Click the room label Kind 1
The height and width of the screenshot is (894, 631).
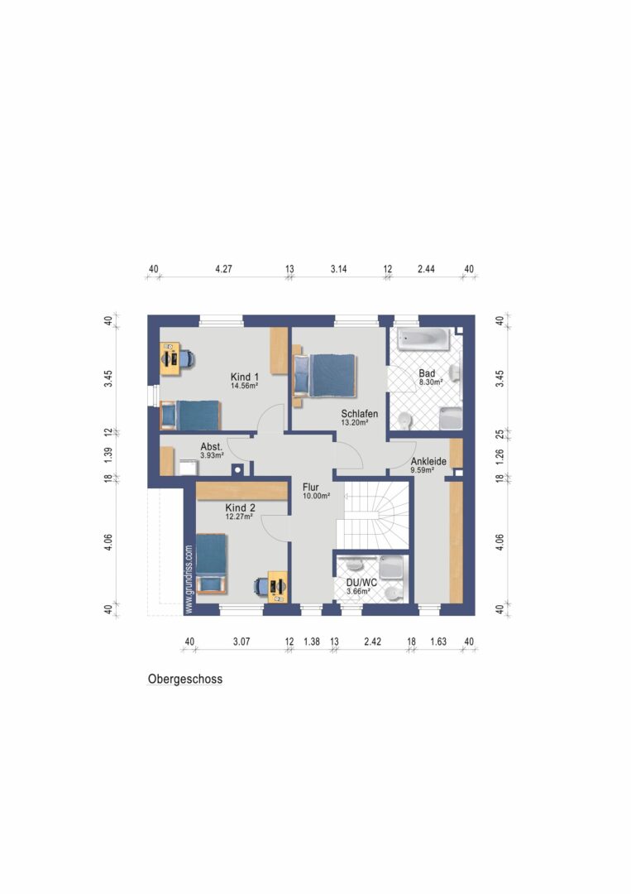point(244,377)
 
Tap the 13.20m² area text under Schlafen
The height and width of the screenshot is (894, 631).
point(354,422)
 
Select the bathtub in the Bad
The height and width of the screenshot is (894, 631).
point(423,339)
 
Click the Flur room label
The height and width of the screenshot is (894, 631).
point(311,488)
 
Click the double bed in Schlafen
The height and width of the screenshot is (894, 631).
point(325,376)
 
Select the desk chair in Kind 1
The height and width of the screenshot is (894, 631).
point(188,358)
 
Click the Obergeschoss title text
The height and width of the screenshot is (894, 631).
point(185,679)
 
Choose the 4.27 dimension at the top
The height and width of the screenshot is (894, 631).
point(224,269)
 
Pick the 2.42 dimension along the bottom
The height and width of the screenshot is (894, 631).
point(372,642)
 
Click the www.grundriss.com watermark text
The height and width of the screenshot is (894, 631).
point(189,579)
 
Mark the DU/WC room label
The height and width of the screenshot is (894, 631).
point(361,583)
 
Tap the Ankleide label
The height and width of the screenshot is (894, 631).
point(429,461)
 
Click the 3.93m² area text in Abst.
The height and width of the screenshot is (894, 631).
point(212,455)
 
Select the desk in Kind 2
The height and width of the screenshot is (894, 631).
point(278,586)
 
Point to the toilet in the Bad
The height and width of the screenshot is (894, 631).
point(404,421)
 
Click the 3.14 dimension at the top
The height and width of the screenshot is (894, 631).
point(339,269)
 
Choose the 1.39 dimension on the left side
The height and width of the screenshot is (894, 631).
point(108,454)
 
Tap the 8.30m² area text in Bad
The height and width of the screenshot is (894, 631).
point(431,382)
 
